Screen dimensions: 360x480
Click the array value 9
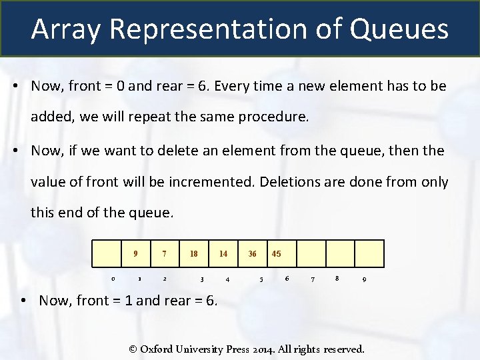pos(135,254)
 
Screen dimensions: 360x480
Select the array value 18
pos(194,254)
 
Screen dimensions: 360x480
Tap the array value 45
pos(277,254)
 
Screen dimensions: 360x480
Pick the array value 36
pos(252,254)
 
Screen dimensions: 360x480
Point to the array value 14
pos(223,254)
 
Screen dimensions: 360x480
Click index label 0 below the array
pos(113,279)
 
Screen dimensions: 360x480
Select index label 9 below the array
pos(363,279)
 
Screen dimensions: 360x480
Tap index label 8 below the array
pos(338,277)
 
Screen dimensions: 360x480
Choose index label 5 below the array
pos(261,279)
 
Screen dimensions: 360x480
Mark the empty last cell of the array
pos(369,253)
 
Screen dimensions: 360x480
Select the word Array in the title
pos(63,29)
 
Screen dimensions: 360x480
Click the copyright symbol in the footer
pos(133,349)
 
